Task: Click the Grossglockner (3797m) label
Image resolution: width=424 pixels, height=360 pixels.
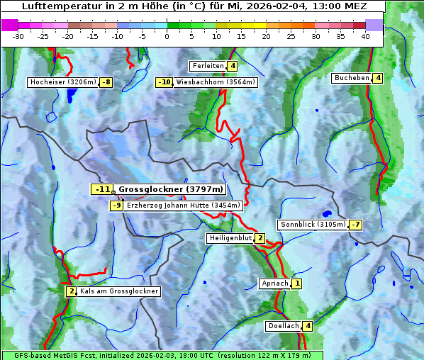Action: tap(170, 189)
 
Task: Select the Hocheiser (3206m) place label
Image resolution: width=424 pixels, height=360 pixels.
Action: tap(62, 82)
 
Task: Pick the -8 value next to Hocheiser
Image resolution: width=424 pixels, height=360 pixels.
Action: tap(106, 82)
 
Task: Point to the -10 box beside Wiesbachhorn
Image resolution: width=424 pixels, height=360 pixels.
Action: tap(164, 82)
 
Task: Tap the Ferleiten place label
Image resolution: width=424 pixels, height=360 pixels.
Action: tap(208, 66)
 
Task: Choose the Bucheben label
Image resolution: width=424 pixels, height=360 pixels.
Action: tap(352, 78)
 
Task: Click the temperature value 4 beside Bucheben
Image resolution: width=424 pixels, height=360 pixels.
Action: tap(378, 78)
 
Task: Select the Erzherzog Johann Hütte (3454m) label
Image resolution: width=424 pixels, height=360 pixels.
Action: tap(184, 206)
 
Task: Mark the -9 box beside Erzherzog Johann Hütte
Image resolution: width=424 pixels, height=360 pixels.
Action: tap(116, 206)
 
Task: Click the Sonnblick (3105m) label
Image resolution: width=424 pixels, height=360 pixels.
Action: tap(313, 225)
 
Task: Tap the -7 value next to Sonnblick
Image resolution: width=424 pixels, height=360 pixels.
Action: tap(356, 225)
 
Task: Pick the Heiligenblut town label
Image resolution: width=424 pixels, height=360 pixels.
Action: tap(230, 238)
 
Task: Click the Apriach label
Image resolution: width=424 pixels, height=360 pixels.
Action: tap(275, 283)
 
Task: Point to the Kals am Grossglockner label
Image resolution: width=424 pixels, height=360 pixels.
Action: tap(119, 291)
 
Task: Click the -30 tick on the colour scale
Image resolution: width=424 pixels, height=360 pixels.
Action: tap(18, 36)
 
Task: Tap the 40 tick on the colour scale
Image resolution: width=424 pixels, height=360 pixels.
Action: tap(365, 36)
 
